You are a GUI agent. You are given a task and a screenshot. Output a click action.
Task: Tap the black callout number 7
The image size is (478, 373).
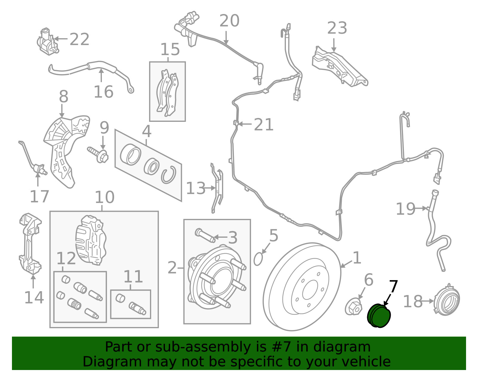click(393, 287)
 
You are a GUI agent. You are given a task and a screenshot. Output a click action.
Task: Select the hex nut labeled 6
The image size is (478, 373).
click(353, 307)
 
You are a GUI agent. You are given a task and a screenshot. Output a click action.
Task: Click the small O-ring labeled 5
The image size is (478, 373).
click(258, 259)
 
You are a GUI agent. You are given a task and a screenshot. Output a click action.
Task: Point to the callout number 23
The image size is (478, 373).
click(337, 28)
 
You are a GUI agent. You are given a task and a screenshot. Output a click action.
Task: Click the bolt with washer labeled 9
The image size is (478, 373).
click(98, 154)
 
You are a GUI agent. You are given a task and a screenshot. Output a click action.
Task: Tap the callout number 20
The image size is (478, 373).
click(229, 21)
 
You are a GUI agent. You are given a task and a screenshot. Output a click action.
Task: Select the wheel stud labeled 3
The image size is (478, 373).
click(205, 235)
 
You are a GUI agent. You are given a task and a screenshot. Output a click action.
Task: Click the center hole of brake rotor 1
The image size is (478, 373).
click(310, 290)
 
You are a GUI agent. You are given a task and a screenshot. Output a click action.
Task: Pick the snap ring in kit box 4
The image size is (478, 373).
click(169, 175)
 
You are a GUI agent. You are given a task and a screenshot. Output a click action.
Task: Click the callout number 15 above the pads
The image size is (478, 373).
click(170, 49)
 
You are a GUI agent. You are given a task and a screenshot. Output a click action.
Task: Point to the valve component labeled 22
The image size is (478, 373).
click(47, 42)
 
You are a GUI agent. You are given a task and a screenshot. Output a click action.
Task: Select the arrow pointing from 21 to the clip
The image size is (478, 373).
click(245, 124)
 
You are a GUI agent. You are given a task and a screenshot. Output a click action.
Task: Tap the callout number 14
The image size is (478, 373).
click(34, 297)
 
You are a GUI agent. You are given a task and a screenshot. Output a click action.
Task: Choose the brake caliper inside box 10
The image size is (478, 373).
click(91, 240)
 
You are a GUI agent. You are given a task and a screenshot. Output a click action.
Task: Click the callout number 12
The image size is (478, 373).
click(66, 258)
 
